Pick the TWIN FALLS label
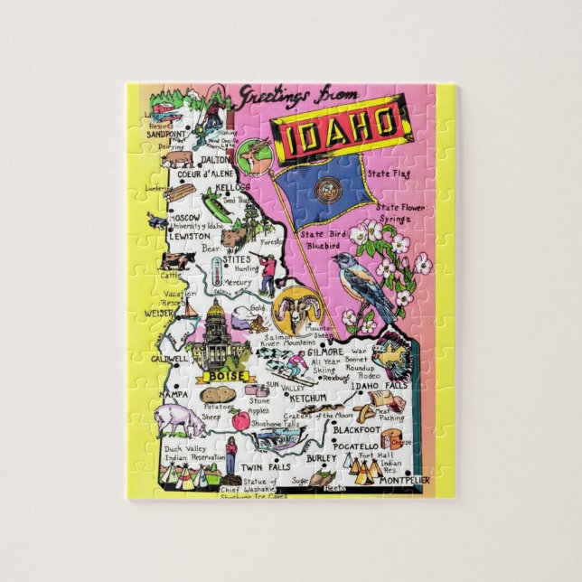[x=265, y=467]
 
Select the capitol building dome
[x=215, y=315]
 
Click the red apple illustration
[x=239, y=420]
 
